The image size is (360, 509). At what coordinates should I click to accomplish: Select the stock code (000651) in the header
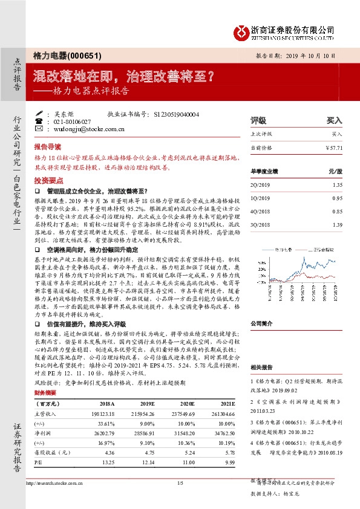tap(81, 55)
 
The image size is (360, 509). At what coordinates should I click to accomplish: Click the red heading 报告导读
tap(48, 147)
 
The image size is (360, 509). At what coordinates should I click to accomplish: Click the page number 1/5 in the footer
tap(180, 483)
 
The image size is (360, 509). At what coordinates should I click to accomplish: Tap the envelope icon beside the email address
tap(39, 129)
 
